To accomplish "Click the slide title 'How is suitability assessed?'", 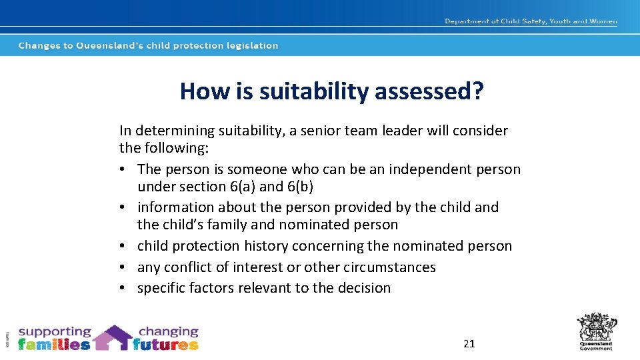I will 331,91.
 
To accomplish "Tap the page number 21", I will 469,343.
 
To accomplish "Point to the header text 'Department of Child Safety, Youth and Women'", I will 531,21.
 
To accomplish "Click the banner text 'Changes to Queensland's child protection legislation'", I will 148,46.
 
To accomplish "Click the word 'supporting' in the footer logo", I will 55,331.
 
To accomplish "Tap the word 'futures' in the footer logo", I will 165,345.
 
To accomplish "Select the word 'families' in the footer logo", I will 54,345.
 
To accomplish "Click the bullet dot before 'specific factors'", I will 125,289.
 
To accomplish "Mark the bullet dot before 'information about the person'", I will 125,208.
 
